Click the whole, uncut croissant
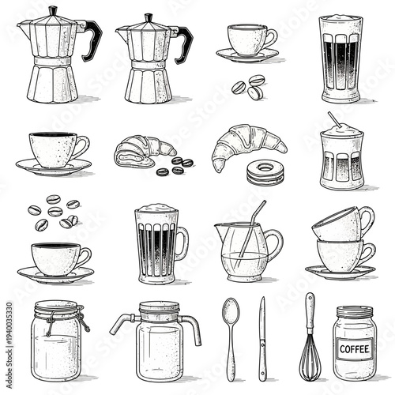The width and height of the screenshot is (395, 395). [x=246, y=144]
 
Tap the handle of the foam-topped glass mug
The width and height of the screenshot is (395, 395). [x=182, y=243]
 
